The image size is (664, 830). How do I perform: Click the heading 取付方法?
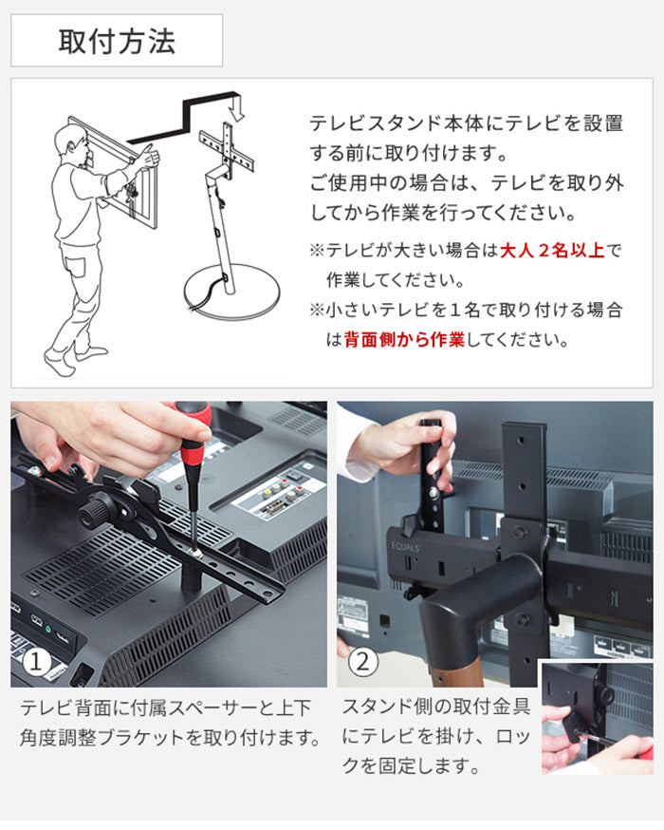click(117, 41)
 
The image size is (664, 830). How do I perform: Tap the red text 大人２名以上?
click(552, 250)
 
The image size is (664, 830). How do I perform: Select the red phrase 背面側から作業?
click(404, 339)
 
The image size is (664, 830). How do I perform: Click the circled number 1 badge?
click(36, 662)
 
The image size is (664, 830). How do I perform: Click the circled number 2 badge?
click(362, 662)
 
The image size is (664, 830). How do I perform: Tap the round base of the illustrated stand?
click(232, 292)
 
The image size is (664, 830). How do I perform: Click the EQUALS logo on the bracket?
click(405, 546)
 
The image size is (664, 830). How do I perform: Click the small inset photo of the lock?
click(597, 717)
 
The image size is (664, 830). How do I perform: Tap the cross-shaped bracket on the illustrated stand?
click(227, 148)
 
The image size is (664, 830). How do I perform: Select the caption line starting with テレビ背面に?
click(166, 707)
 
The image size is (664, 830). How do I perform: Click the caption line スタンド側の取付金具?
click(435, 707)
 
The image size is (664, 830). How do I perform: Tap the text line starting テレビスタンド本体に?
click(467, 123)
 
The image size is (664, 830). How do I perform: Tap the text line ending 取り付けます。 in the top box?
click(408, 153)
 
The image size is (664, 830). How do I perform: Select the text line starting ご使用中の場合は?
click(467, 182)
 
